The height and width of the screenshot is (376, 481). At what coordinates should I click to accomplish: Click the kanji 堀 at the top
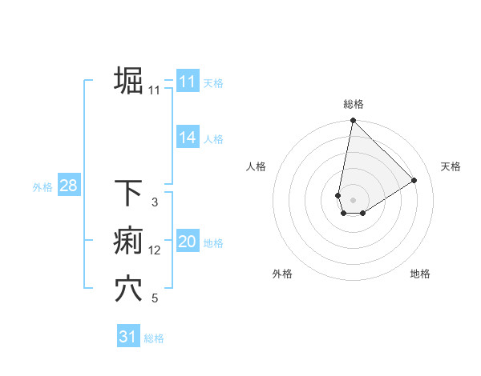(x=129, y=81)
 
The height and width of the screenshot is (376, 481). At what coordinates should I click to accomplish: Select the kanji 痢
(x=129, y=241)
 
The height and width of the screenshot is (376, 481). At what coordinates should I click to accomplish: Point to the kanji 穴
(x=129, y=289)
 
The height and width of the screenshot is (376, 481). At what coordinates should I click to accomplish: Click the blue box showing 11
(x=187, y=82)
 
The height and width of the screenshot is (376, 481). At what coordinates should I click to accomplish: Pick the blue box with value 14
(x=187, y=138)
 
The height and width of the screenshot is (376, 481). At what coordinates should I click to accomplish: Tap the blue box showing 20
(x=187, y=242)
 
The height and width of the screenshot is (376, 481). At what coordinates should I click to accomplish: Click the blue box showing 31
(x=128, y=337)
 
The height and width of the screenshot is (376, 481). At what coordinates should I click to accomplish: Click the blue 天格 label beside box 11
(x=213, y=83)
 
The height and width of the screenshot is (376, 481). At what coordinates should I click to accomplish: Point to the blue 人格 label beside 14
(x=213, y=139)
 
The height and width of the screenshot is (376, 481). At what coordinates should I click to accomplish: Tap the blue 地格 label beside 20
(x=213, y=243)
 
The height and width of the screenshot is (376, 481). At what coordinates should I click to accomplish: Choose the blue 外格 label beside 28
(x=42, y=188)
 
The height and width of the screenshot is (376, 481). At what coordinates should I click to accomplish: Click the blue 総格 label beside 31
(x=154, y=338)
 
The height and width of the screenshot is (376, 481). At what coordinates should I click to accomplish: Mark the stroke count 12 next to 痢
(x=155, y=250)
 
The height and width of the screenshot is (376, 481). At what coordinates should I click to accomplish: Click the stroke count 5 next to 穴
(x=155, y=298)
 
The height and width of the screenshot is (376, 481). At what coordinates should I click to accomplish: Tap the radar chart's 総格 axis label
(x=353, y=104)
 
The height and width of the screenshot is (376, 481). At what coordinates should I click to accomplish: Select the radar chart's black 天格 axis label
(x=451, y=166)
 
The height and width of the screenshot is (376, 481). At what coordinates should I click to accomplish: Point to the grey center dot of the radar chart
(x=353, y=200)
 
